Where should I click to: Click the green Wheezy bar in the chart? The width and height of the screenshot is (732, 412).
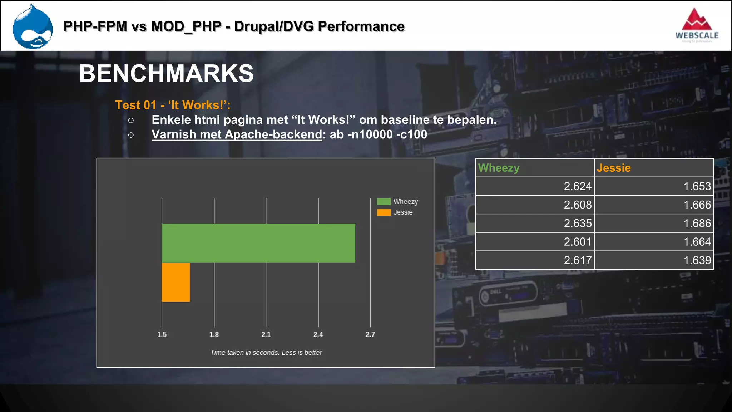[x=258, y=243]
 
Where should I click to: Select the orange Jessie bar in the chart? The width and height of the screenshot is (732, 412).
[x=175, y=283]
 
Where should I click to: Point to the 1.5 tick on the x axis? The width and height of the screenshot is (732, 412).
[x=162, y=334]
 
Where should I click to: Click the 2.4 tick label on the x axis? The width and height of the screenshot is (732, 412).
[x=318, y=334]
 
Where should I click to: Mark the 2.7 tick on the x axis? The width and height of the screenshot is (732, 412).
[x=370, y=334]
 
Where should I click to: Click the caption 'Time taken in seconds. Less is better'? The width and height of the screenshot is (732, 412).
[x=266, y=353]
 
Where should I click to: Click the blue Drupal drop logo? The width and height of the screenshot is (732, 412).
[x=33, y=27]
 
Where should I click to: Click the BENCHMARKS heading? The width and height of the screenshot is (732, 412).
[x=166, y=74]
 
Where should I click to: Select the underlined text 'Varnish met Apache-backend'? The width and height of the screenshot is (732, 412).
[x=237, y=134]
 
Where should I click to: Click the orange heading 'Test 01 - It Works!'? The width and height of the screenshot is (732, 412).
[x=173, y=105]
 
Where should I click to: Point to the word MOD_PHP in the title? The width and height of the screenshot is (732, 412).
[x=186, y=26]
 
